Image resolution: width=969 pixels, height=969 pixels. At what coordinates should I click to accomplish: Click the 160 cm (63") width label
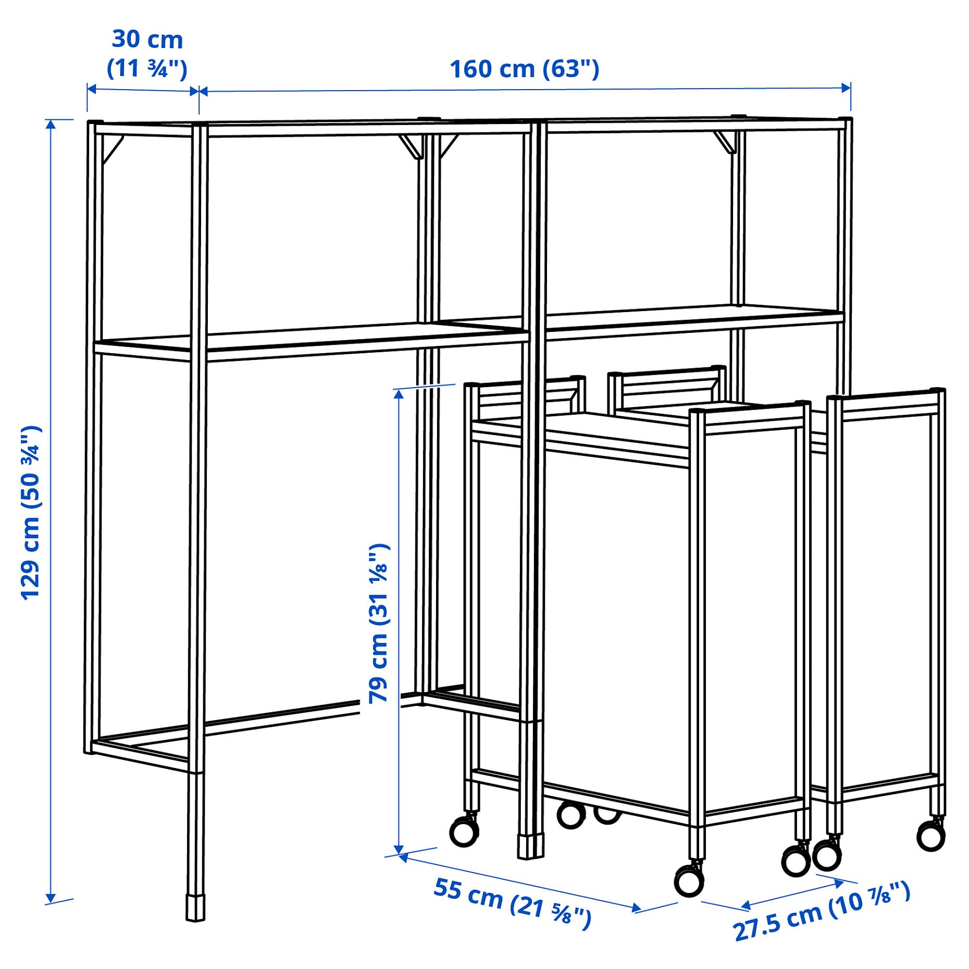click(x=524, y=69)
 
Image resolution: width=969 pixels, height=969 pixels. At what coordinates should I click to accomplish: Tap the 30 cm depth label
click(x=147, y=40)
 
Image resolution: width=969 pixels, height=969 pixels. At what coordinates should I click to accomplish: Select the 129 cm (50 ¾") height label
click(x=30, y=513)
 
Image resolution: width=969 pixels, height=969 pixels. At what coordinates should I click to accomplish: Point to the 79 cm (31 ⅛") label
click(x=379, y=624)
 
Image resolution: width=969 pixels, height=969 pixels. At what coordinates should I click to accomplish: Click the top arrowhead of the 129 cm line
click(x=51, y=124)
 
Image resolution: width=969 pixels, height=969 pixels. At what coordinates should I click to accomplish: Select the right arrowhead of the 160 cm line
click(x=846, y=88)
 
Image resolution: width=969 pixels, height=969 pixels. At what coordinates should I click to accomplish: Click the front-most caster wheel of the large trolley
click(x=689, y=881)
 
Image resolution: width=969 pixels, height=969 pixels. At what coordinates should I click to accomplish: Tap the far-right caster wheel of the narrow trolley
click(x=930, y=837)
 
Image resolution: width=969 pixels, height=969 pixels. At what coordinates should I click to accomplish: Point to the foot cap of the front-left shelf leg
click(x=195, y=908)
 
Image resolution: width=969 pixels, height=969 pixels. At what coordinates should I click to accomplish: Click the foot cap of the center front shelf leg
click(x=530, y=847)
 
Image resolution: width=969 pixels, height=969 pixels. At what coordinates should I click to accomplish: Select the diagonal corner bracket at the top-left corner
click(x=112, y=150)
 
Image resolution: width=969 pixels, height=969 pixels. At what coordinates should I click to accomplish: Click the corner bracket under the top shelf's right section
click(x=725, y=142)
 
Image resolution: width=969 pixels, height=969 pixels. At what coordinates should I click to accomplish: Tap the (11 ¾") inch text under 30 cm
click(x=147, y=69)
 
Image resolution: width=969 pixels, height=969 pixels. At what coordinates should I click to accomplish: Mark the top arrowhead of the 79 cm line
click(x=399, y=394)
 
